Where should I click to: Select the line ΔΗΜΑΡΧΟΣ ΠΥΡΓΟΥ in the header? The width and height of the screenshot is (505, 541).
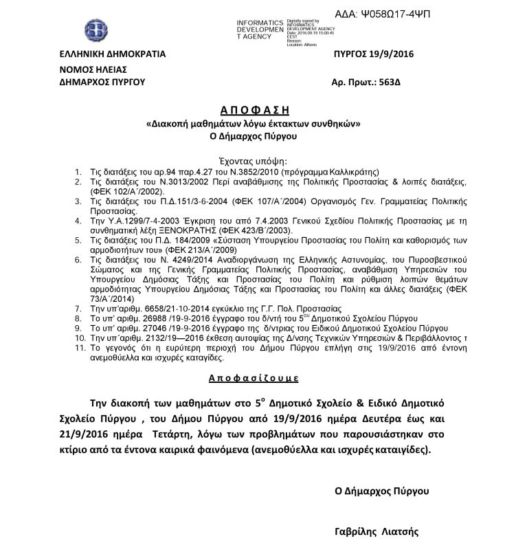pyautogui.click(x=103, y=82)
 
